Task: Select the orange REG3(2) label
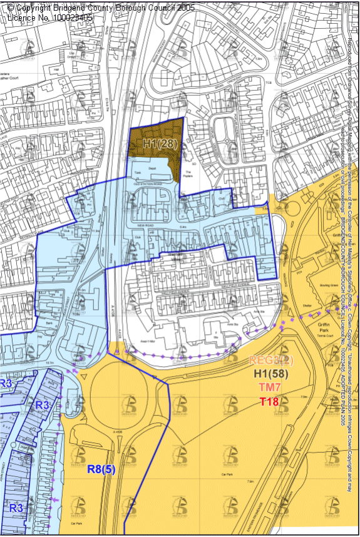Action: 270,360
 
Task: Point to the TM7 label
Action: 270,388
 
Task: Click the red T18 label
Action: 270,402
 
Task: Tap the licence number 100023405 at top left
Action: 66,18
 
